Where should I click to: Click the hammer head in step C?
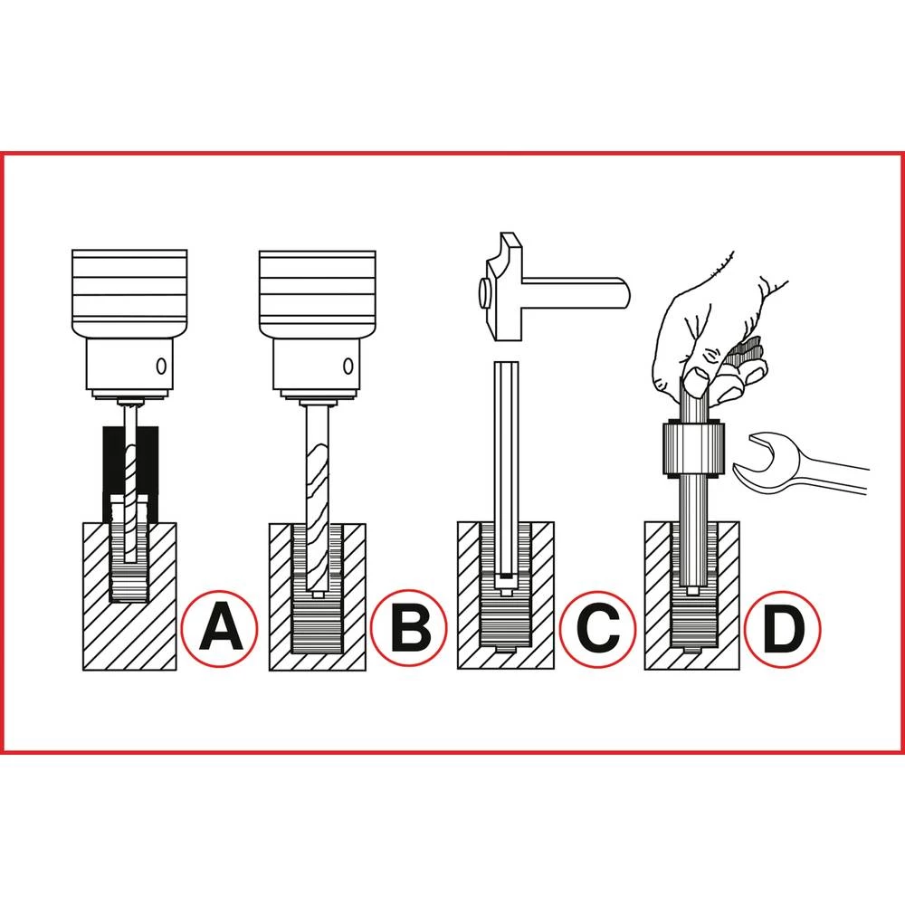point(503,290)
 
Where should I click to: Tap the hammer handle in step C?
point(579,292)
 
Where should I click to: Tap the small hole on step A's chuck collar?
point(160,367)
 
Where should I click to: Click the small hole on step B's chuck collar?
point(348,367)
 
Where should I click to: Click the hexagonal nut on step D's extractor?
point(691,447)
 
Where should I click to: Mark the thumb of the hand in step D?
point(695,380)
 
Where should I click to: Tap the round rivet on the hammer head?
point(485,291)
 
